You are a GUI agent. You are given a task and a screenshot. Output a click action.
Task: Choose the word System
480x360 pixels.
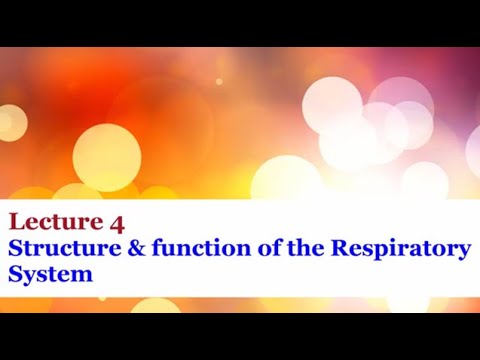pos(51,273)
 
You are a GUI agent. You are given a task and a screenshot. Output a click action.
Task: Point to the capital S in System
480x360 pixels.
pos(14,273)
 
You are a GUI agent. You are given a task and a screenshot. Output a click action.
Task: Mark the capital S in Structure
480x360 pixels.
pos(14,248)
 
